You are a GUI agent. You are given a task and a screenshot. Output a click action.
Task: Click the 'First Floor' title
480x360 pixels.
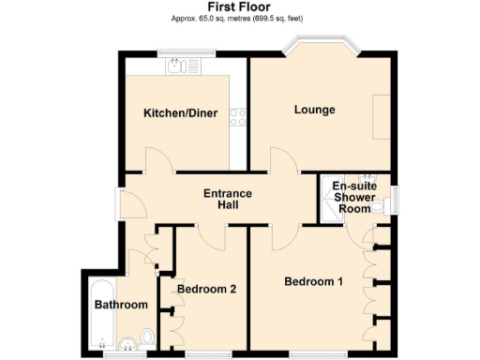click(x=239, y=7)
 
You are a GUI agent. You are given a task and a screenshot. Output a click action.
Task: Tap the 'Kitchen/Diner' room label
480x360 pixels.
click(x=180, y=113)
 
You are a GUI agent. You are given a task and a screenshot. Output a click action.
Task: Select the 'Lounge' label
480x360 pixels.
click(x=315, y=111)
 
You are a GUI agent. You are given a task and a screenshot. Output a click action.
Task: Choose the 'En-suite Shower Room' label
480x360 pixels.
click(x=354, y=197)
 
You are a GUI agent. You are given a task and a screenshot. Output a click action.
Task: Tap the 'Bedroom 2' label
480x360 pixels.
click(x=206, y=289)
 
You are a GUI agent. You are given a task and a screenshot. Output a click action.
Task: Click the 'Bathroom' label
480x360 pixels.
click(x=121, y=306)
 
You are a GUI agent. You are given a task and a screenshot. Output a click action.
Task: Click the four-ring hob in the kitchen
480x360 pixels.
click(x=238, y=117)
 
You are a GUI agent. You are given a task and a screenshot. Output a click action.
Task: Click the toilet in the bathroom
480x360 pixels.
click(x=145, y=337)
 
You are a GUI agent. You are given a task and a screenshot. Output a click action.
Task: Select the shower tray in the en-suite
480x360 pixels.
click(x=330, y=212)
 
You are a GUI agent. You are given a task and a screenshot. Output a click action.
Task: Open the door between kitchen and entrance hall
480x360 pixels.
click(x=157, y=161)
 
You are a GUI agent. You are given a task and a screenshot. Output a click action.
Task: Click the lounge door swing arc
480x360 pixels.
click(x=285, y=161)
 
